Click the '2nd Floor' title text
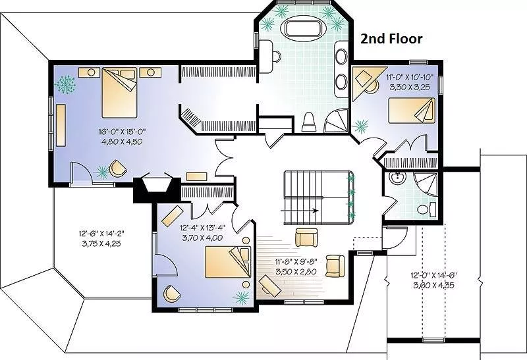tap(391, 39)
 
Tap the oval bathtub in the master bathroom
tap(304, 28)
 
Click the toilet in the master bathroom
tap(309, 122)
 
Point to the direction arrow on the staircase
tap(300, 211)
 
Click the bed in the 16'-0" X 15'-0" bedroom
tap(119, 93)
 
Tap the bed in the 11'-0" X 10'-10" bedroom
tap(411, 111)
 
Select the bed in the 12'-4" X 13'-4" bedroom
tap(228, 263)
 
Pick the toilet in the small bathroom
tap(426, 209)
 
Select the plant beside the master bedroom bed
tap(65, 85)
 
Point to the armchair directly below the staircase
tap(306, 238)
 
